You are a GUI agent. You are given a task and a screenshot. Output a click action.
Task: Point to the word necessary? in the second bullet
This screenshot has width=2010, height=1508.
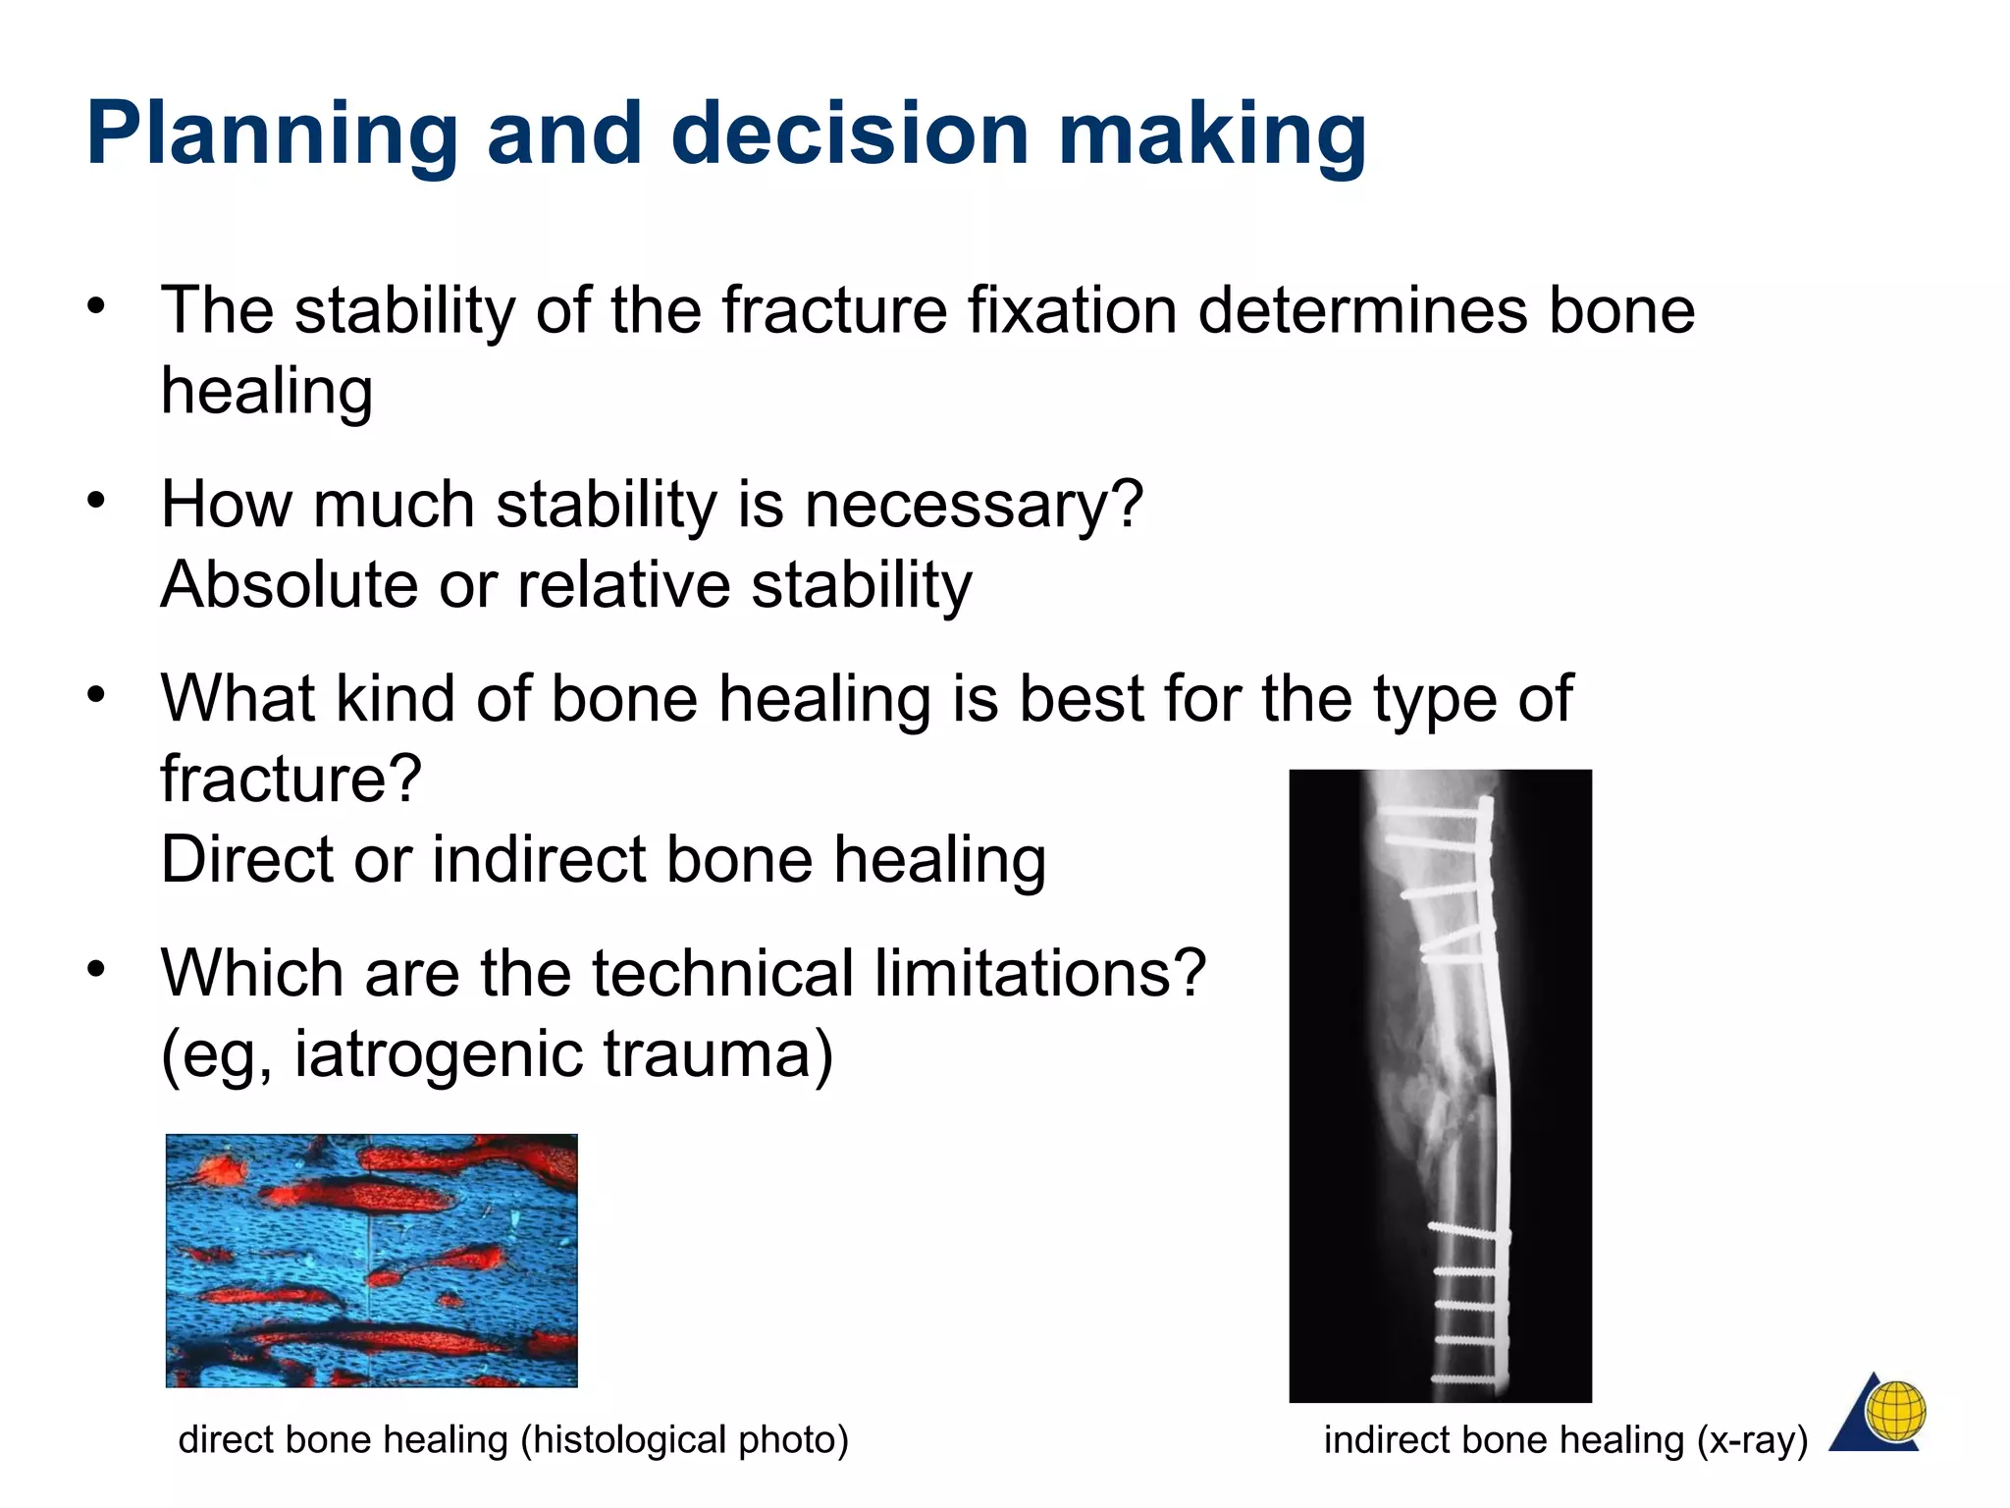tap(974, 505)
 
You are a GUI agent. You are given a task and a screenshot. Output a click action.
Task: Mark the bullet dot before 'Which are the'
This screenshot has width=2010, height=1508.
tap(95, 970)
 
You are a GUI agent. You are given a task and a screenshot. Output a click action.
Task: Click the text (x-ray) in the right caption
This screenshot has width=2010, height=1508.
tap(1752, 1440)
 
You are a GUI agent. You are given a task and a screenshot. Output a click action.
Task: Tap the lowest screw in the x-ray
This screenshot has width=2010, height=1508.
tap(1467, 1378)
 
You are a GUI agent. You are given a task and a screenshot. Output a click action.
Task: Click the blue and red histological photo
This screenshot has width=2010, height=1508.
tap(371, 1261)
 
